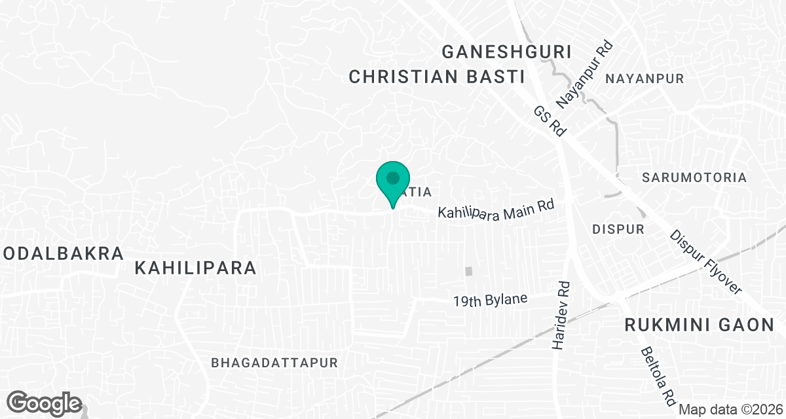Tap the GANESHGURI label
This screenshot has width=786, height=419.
pos(507,52)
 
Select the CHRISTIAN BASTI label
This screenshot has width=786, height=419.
pos(437,77)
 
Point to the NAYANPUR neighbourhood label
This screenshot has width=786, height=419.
pos(645,79)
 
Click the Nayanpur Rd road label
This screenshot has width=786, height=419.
pos(584,75)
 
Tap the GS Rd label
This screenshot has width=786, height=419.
pos(550,121)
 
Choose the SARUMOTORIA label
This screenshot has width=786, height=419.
pos(694,177)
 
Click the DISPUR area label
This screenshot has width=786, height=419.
pos(618,229)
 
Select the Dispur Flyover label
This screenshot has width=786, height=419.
pos(705,262)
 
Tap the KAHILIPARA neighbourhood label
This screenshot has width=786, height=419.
pos(195,268)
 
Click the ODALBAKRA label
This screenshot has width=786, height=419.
pos(62,253)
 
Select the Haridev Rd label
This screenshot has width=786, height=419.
pos(562,316)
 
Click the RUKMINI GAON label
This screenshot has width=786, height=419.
pos(699,325)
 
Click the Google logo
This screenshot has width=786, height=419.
pos(45,403)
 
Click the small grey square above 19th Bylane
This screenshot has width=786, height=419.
pos(468,271)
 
